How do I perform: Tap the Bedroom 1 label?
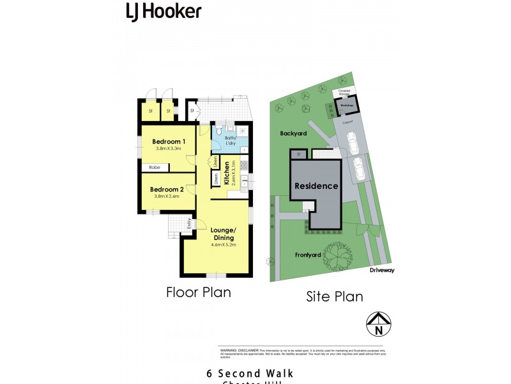click(x=168, y=141)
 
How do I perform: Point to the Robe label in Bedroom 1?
click(x=154, y=168)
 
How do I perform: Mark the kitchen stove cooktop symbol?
click(x=243, y=164)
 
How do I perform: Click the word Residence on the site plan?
click(x=316, y=186)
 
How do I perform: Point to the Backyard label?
click(x=293, y=134)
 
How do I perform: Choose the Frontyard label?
click(x=308, y=255)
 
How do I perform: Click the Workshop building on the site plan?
click(x=346, y=104)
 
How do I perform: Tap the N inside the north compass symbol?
click(x=379, y=330)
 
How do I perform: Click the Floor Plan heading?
click(x=199, y=292)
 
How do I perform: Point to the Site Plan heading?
click(x=335, y=296)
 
